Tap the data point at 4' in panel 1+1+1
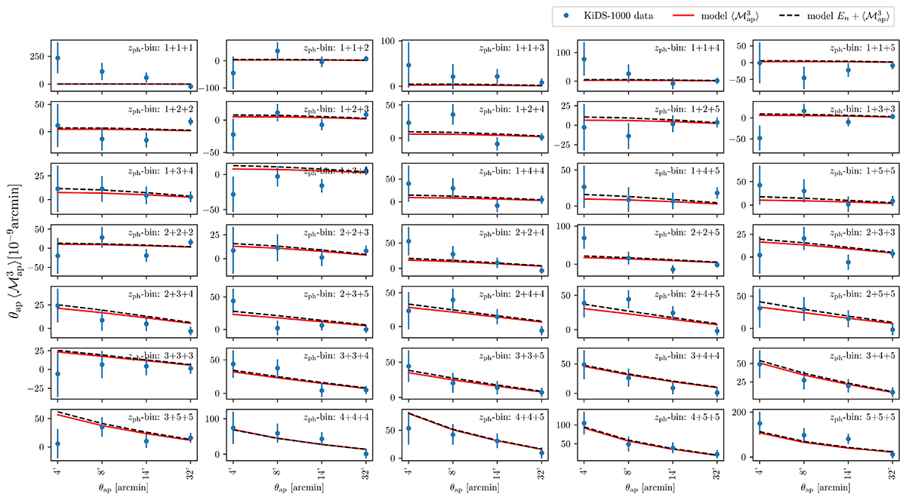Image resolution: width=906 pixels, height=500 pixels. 57,58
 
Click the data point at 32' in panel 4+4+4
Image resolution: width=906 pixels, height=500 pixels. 365,454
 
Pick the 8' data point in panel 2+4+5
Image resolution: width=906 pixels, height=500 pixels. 628,299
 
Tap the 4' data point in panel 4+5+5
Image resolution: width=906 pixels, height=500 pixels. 584,424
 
